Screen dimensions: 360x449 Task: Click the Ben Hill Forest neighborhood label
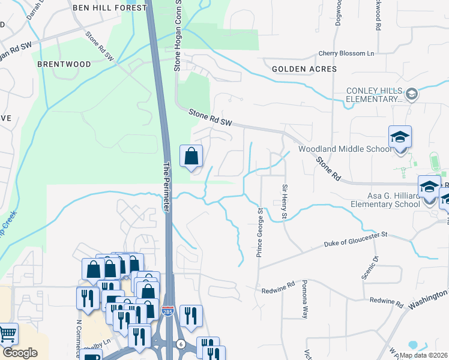109,8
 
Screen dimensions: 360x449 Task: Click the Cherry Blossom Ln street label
346,53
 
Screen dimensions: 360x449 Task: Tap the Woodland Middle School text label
345,149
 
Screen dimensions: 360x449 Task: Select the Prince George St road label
260,233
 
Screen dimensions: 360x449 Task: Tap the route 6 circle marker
181,344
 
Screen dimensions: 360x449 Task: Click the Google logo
20,353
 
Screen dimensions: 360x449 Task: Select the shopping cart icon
7,333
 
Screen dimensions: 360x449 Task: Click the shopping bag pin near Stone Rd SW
191,157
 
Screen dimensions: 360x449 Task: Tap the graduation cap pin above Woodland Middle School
400,137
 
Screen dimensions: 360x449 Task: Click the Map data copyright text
423,355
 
